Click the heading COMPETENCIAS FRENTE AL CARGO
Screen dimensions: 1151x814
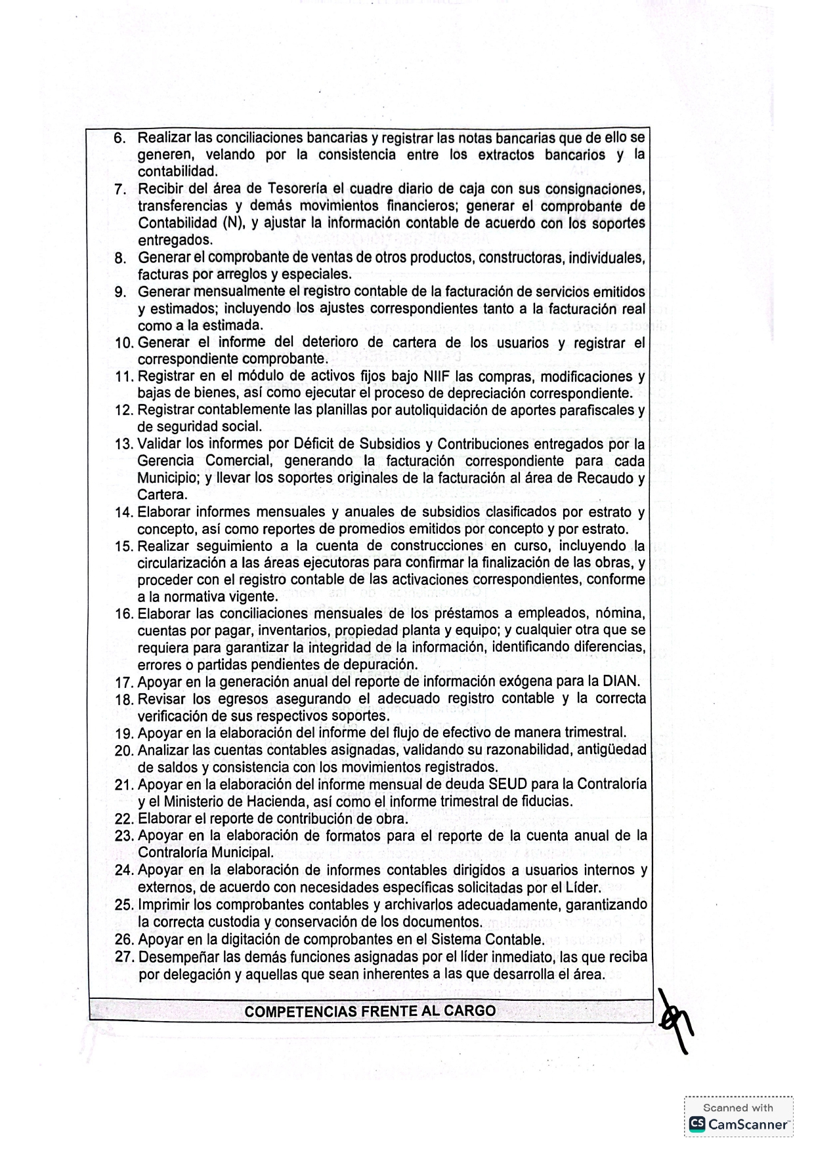click(x=370, y=1011)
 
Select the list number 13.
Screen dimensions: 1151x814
click(x=123, y=445)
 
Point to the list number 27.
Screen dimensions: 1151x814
click(x=124, y=957)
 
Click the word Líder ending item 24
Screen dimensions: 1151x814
click(x=583, y=887)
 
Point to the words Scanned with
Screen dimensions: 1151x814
click(x=738, y=1108)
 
